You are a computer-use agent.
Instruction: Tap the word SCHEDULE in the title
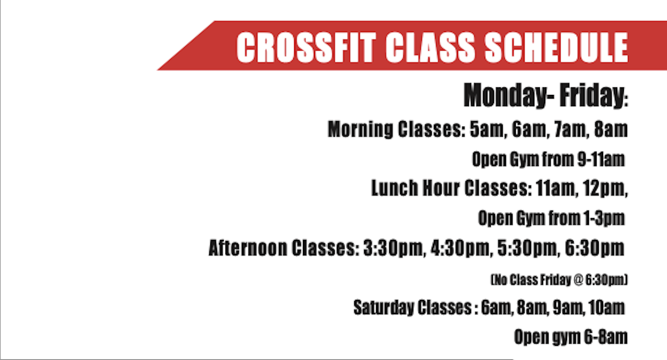[x=557, y=47]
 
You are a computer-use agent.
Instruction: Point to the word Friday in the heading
[x=593, y=95]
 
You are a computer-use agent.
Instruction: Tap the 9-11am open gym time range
[x=601, y=159]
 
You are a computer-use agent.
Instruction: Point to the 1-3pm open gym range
[x=604, y=219]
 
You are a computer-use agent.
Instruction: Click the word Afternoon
[x=248, y=248]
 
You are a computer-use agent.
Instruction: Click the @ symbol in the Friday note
[x=577, y=280]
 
